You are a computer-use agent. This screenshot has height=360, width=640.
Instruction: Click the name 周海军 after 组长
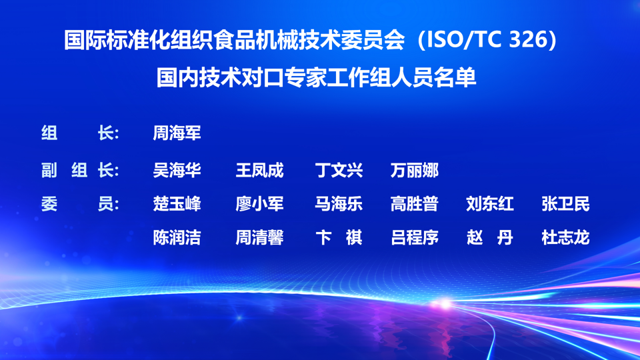[177, 133]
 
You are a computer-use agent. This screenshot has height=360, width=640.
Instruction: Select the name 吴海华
[177, 170]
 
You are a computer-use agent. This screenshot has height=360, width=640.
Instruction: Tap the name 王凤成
[259, 170]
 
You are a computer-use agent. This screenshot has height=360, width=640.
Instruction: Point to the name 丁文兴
[339, 170]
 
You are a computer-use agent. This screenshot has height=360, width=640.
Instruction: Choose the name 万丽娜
[414, 170]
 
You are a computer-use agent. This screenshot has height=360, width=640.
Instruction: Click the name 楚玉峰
[177, 204]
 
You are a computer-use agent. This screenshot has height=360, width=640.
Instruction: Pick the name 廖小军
[259, 204]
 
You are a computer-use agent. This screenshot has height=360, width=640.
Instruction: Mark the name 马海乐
[339, 204]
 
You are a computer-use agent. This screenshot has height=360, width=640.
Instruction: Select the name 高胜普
[414, 204]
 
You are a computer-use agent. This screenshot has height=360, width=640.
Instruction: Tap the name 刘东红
[490, 204]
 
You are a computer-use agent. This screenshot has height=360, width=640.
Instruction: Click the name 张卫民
[566, 204]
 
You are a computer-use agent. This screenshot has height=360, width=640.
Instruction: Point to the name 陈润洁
[177, 237]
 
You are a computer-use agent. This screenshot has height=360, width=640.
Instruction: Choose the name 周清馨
[259, 237]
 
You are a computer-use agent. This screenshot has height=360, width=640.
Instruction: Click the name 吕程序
[414, 237]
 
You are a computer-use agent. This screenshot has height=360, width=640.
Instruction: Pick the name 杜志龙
[566, 237]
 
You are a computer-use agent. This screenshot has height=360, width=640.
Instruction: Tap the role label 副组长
[80, 170]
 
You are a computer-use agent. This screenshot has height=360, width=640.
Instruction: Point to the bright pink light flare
[445, 304]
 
